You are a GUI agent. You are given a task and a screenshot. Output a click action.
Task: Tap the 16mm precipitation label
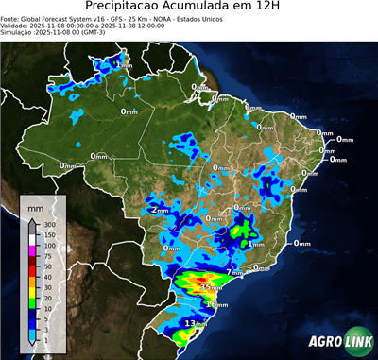pyautogui.click(x=216, y=304)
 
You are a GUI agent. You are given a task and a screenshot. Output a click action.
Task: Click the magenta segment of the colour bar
pyautogui.click(x=31, y=249)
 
